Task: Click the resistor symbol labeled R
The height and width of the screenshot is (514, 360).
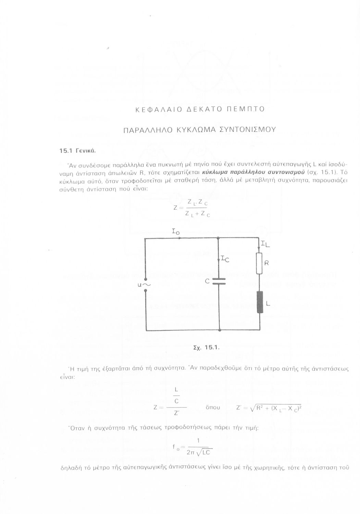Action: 259,264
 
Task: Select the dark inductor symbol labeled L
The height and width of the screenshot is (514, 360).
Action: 260,302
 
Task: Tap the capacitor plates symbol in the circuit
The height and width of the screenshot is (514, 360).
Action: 219,281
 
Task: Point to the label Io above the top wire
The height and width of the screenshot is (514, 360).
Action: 176,232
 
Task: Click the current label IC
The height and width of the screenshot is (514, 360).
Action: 225,259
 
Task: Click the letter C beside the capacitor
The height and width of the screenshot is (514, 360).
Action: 207,281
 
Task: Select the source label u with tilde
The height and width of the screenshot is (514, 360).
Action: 144,285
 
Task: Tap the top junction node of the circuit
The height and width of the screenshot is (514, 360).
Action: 218,238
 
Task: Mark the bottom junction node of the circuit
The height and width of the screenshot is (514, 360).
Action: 220,330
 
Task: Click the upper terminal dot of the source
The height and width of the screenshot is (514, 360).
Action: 145,279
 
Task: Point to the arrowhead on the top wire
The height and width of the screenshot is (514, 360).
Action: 180,238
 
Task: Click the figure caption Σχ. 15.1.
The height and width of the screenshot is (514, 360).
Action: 207,347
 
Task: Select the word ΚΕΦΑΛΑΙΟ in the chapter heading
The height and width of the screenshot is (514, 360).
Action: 158,109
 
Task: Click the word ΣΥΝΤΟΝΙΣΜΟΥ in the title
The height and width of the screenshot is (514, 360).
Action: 247,130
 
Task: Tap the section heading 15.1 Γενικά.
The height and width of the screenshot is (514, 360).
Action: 77,151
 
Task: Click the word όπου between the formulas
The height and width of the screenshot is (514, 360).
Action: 213,407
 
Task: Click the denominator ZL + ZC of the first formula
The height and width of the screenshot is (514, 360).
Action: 198,214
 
